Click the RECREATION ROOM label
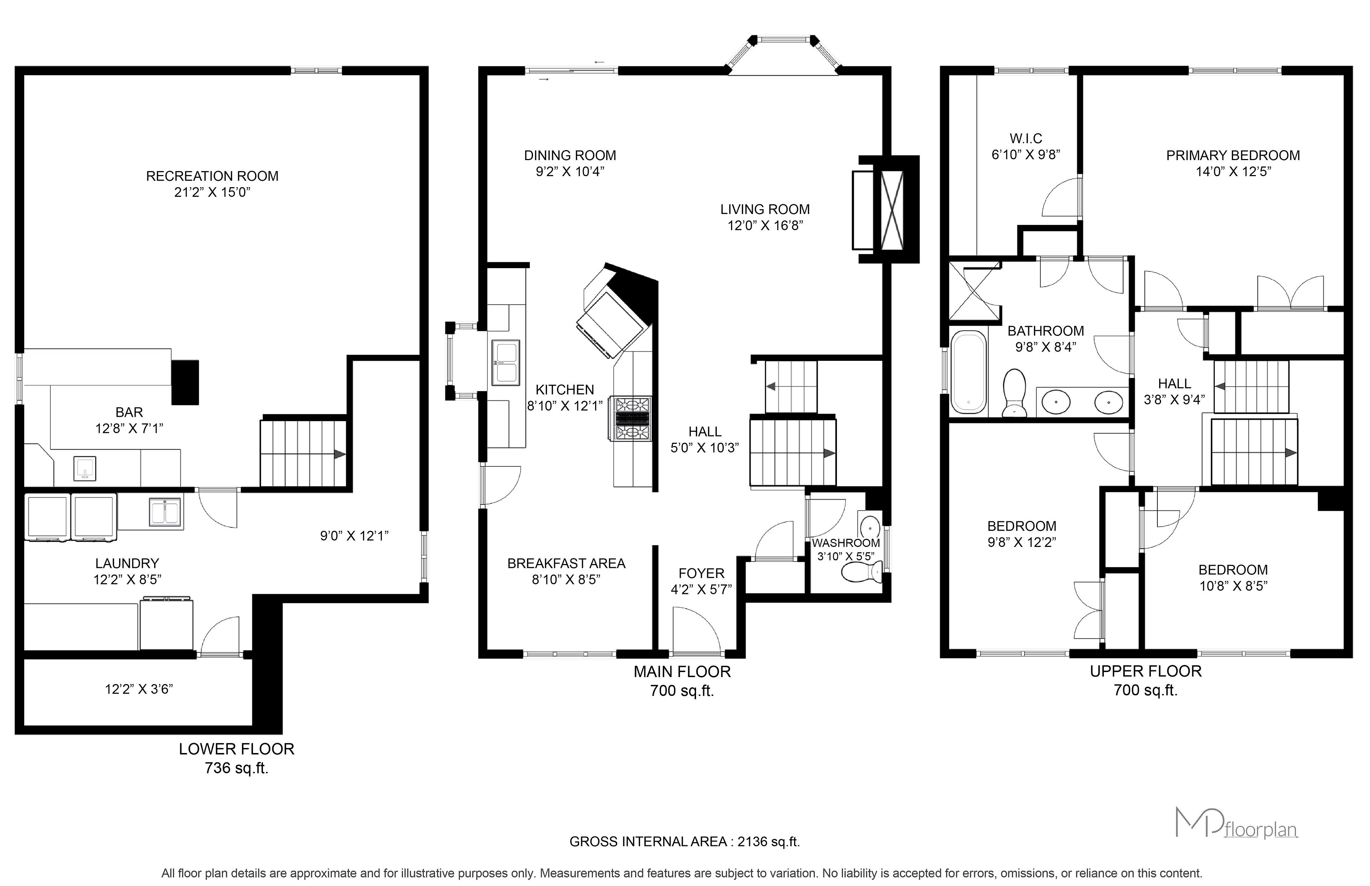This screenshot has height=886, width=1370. (x=212, y=176)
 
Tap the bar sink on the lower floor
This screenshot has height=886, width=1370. (x=85, y=468)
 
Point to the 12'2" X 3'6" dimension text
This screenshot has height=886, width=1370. (x=139, y=689)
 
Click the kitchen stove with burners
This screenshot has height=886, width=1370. (x=633, y=418)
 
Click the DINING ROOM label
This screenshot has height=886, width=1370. (x=570, y=155)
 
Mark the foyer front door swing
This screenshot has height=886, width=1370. (x=696, y=632)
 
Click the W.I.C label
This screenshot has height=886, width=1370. (x=1026, y=139)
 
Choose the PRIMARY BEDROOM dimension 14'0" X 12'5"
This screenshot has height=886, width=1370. (x=1233, y=171)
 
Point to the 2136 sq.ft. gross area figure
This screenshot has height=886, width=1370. (x=768, y=842)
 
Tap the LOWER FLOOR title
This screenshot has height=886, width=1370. (x=237, y=749)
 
